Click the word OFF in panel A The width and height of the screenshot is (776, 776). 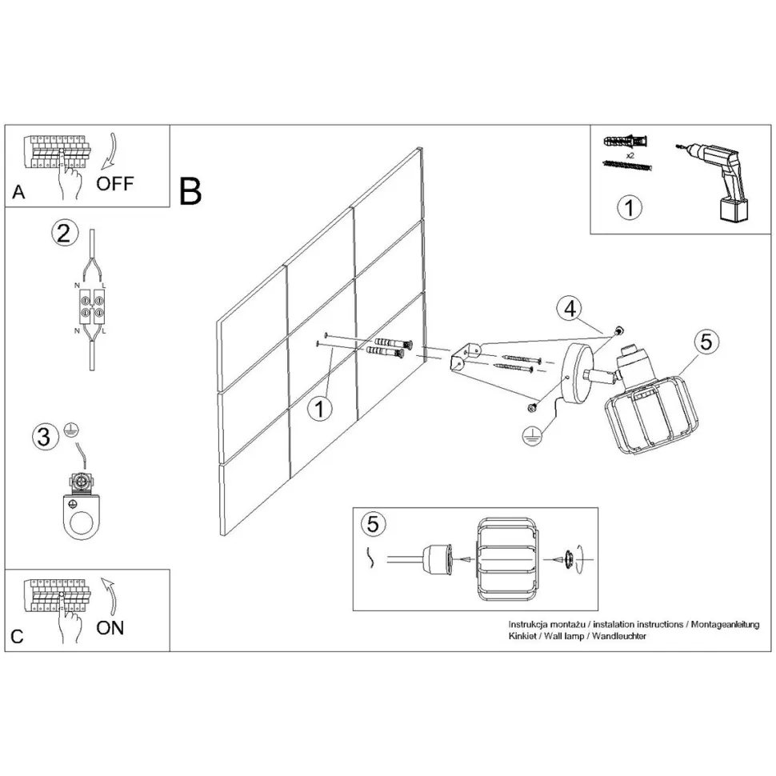coord(115,183)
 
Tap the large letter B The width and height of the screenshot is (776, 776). coord(190,190)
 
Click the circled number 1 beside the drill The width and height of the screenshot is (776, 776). coord(630,208)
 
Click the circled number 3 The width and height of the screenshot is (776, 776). coord(45,437)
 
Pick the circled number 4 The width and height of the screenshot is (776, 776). coord(568,309)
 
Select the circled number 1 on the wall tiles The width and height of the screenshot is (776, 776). coord(320,410)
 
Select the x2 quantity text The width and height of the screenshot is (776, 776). coord(630,154)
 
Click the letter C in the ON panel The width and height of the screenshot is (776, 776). coord(18,637)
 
